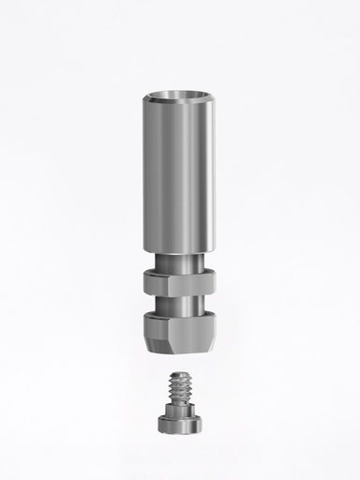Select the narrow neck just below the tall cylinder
coord(179,261)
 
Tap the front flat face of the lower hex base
coord(184,330)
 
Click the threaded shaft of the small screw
coord(179,387)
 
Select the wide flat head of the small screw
coord(179,423)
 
